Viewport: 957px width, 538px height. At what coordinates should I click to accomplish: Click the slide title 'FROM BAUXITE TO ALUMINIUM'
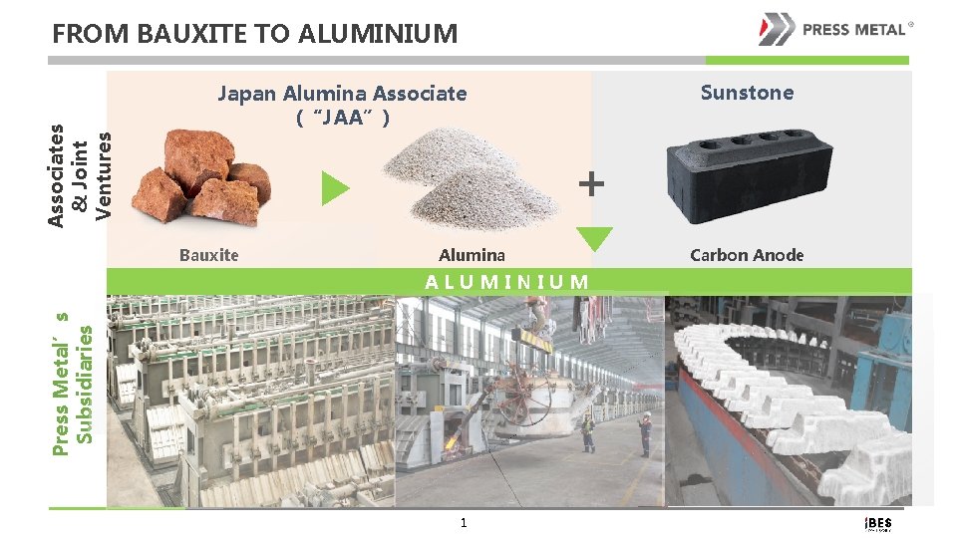click(x=254, y=35)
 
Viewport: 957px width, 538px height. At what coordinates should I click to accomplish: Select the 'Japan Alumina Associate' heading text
click(x=342, y=94)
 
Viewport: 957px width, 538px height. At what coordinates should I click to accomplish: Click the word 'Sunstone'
click(x=747, y=93)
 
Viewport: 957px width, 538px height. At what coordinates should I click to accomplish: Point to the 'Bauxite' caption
click(x=209, y=255)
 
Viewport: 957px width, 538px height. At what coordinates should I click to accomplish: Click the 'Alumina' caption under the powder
click(x=472, y=255)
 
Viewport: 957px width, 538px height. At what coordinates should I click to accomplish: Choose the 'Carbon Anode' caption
click(x=747, y=255)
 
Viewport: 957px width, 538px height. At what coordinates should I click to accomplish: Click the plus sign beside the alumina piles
click(x=590, y=183)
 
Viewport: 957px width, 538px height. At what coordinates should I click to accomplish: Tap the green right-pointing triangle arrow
click(x=335, y=187)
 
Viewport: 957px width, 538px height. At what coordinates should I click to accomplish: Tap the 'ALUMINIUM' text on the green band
click(x=506, y=281)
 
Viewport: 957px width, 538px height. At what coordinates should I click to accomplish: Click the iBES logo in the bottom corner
click(x=877, y=524)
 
